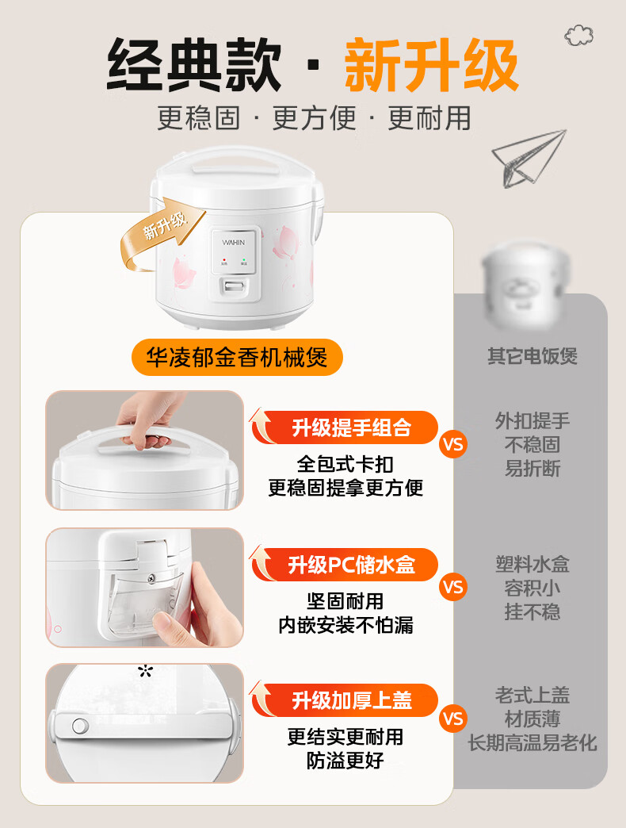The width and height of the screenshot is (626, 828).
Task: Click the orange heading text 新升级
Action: (431, 66)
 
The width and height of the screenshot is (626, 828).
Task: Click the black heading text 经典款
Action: (193, 66)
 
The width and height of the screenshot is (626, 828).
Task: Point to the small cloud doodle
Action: (578, 36)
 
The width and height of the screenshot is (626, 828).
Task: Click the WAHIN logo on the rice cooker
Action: (233, 243)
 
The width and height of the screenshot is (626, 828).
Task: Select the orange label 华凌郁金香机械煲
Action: (237, 358)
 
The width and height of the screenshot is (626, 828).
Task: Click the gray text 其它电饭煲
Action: (532, 356)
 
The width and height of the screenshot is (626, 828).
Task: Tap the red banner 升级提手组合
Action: (345, 427)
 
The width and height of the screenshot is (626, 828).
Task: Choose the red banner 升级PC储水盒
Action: (345, 565)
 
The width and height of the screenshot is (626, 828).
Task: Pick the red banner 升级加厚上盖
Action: (345, 700)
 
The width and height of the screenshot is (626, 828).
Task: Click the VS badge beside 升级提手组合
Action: (452, 444)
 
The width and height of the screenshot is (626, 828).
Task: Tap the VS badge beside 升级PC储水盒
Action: (452, 587)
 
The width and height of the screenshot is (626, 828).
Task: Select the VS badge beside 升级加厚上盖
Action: (452, 719)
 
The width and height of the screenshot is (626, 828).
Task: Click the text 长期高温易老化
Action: (532, 743)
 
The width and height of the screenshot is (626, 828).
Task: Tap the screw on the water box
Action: (151, 577)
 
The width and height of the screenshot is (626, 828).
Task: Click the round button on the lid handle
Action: (80, 726)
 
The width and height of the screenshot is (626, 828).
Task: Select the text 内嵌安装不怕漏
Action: (345, 625)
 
